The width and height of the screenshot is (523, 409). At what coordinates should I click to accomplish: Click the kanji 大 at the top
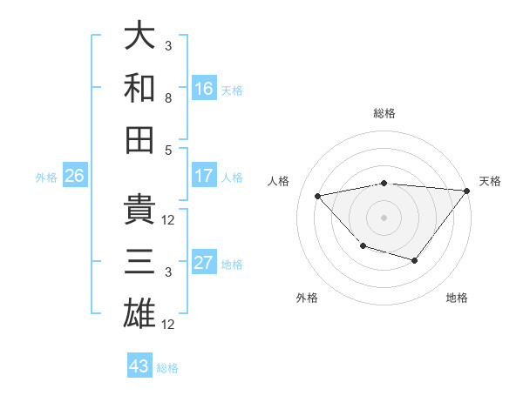[x=139, y=36]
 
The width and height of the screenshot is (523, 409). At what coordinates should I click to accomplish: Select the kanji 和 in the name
[x=139, y=88]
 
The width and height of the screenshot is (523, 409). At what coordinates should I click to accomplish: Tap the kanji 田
[x=139, y=138]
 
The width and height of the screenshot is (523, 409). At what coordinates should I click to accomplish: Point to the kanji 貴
[x=139, y=209]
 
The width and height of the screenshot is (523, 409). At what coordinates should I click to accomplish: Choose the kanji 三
[x=139, y=260]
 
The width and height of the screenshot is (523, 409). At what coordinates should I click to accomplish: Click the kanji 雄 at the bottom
[x=139, y=312]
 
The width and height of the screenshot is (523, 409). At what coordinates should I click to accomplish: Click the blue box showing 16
[x=203, y=89]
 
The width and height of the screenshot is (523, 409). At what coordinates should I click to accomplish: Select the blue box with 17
[x=203, y=176]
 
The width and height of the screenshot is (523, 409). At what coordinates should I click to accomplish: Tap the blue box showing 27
[x=203, y=264]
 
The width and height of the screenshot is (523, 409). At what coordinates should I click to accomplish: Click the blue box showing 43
[x=139, y=366]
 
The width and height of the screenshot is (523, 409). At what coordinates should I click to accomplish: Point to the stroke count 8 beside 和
[x=168, y=99]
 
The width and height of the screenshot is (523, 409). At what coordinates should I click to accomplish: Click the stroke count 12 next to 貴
[x=168, y=220]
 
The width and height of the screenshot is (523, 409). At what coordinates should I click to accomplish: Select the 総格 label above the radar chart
[x=384, y=113]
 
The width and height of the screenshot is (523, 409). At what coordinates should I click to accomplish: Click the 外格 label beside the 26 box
[x=46, y=178]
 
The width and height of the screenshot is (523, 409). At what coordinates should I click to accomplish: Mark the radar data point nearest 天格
[x=467, y=191]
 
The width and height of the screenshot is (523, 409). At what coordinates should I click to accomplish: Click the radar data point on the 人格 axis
[x=318, y=196]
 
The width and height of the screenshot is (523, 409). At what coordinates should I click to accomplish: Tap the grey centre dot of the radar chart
[x=384, y=216]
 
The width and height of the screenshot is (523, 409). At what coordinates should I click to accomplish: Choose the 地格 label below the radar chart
[x=457, y=298]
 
